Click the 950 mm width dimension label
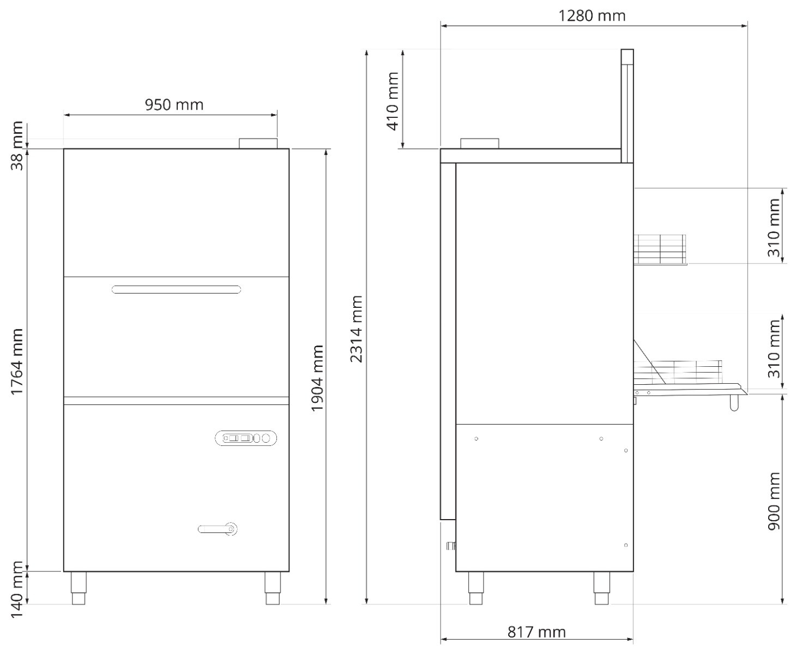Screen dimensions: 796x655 [x=174, y=105]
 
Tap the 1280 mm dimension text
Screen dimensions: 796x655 [x=592, y=15]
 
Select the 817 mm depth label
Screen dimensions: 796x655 [x=536, y=632]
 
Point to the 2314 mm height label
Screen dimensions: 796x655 [x=357, y=329]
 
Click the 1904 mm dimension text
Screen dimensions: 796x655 [x=317, y=378]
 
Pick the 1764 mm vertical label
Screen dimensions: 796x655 [x=17, y=362]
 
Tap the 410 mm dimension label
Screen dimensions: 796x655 [x=393, y=102]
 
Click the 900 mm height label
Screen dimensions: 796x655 [x=774, y=501]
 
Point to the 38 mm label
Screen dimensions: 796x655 [x=17, y=146]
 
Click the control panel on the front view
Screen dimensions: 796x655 [x=246, y=438]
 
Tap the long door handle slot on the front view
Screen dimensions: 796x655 [x=176, y=290]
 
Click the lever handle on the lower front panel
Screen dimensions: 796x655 [x=218, y=529]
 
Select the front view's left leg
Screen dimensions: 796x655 [x=79, y=588]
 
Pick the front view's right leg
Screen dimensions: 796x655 [x=273, y=588]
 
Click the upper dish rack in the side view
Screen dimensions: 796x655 [x=660, y=249]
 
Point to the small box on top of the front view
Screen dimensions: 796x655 [x=258, y=144]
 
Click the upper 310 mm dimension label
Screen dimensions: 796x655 [x=774, y=228]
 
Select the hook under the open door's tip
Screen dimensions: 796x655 [x=734, y=403]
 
